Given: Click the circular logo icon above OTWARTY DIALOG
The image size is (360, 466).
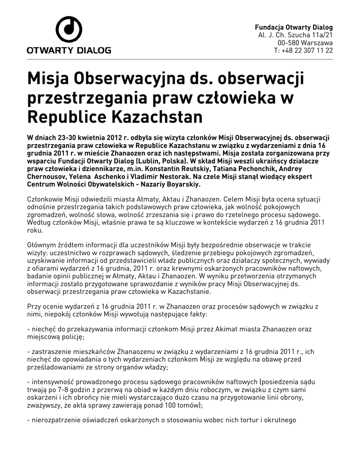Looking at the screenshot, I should pyautogui.click(x=69, y=29).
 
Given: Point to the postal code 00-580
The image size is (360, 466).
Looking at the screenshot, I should pyautogui.click(x=287, y=42).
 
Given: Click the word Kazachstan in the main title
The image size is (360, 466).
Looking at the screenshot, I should pyautogui.click(x=155, y=117).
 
